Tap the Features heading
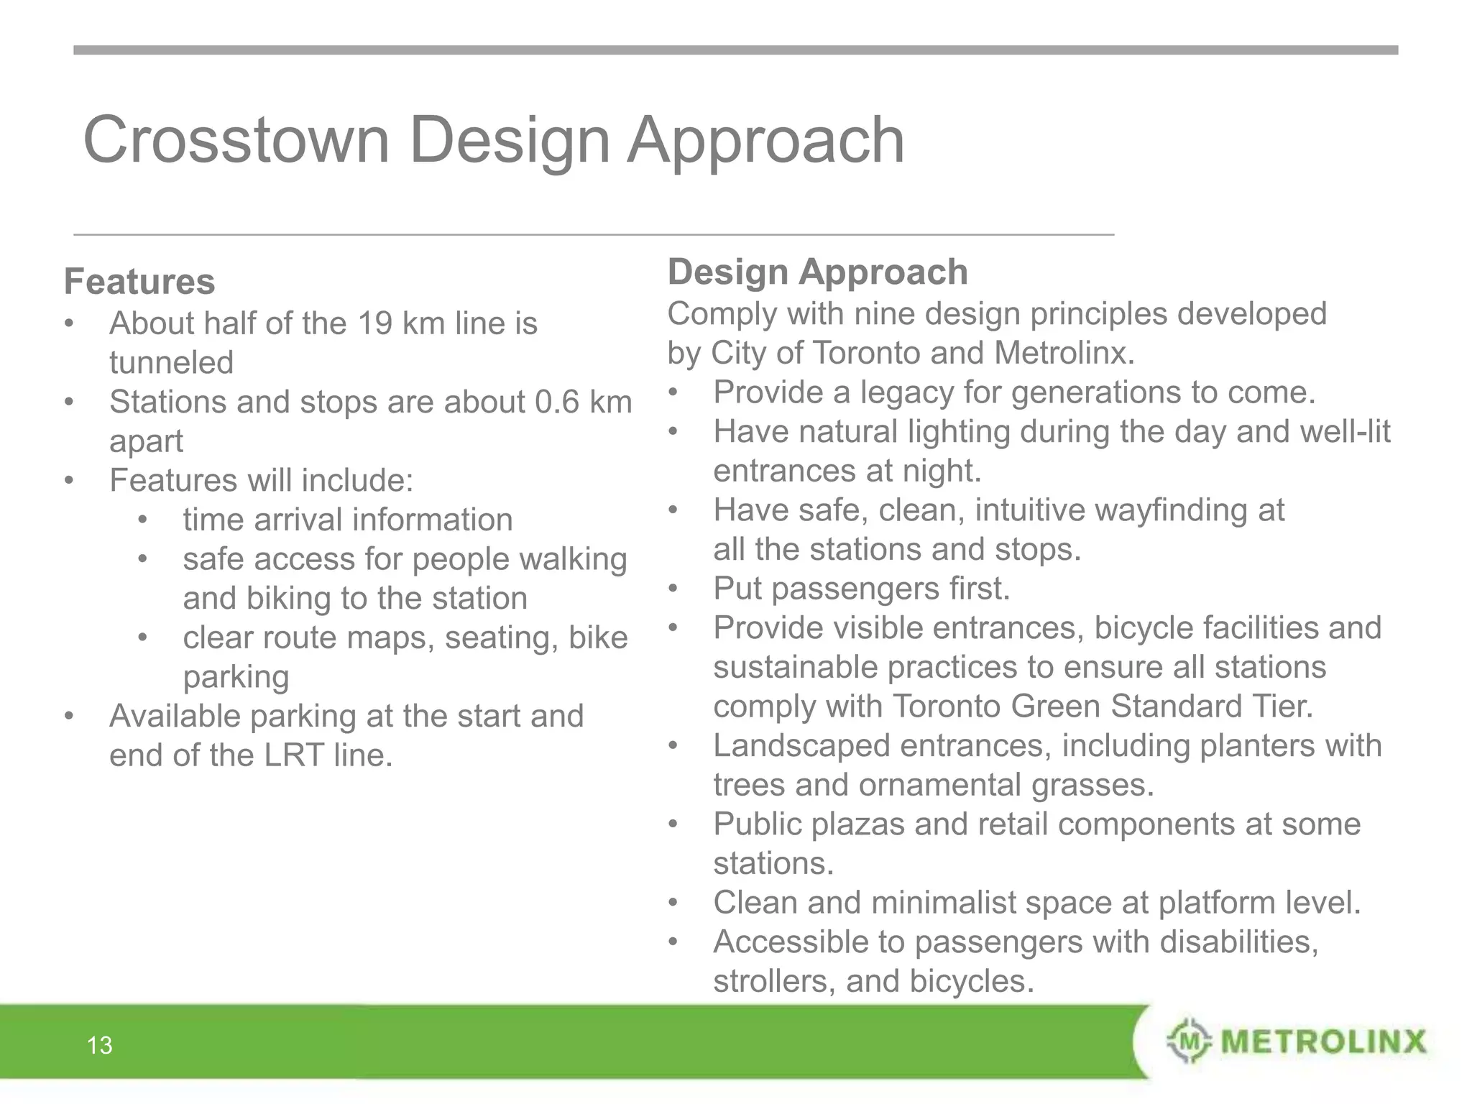[139, 281]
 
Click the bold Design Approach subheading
[817, 272]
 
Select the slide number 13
[100, 1045]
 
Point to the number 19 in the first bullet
[374, 323]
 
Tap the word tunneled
[171, 362]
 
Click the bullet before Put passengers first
[673, 589]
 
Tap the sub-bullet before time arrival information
[143, 520]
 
